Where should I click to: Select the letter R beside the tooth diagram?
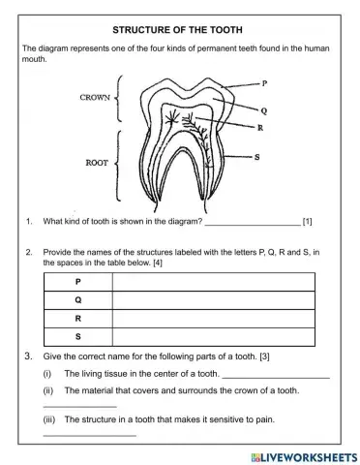point(260,128)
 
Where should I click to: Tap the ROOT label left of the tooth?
point(97,163)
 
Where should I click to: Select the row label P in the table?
point(77,281)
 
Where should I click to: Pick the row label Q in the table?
point(77,299)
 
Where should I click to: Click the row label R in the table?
point(77,318)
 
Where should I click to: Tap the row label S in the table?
point(77,336)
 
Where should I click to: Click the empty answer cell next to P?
point(213,281)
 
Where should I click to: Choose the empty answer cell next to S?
point(213,336)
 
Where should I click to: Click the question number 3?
point(30,356)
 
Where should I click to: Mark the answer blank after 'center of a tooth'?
point(276,375)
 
